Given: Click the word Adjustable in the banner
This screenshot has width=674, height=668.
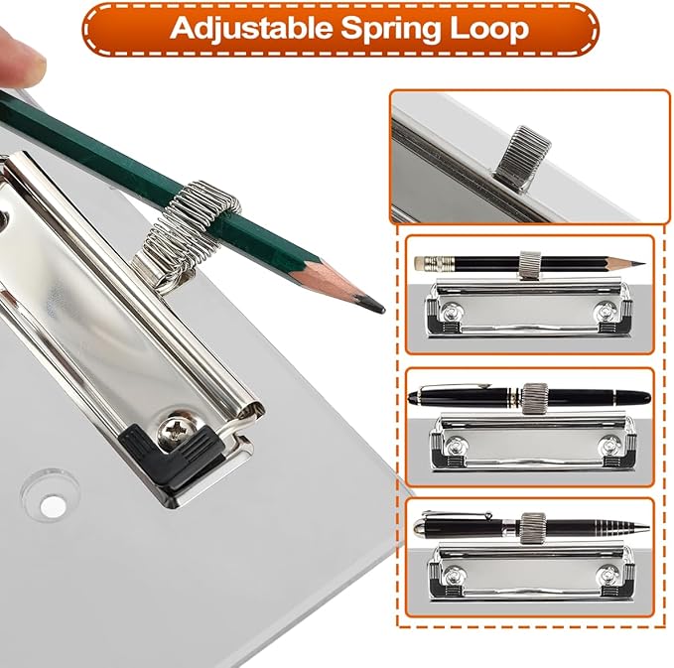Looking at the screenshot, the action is coord(250,29).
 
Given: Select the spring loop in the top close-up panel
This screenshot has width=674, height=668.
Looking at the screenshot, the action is coord(522,152).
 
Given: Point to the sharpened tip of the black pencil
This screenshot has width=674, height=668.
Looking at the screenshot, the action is coord(641,263).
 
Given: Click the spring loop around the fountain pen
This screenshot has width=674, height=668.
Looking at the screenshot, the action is coord(535,398).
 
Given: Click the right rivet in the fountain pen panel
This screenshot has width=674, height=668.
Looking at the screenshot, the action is coord(609,446).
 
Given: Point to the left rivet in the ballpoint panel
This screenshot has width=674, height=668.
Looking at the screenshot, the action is coord(453,575).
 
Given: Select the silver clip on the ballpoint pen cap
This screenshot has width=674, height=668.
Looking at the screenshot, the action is coord(457,514).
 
